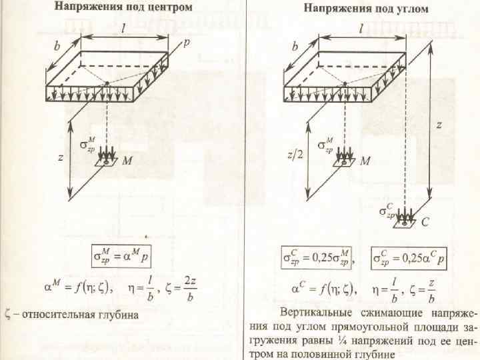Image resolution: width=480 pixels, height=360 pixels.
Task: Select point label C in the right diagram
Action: click(x=425, y=224)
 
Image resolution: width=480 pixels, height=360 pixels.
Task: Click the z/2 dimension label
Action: click(x=293, y=154)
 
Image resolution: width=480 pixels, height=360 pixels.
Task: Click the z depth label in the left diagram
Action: click(x=61, y=157)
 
